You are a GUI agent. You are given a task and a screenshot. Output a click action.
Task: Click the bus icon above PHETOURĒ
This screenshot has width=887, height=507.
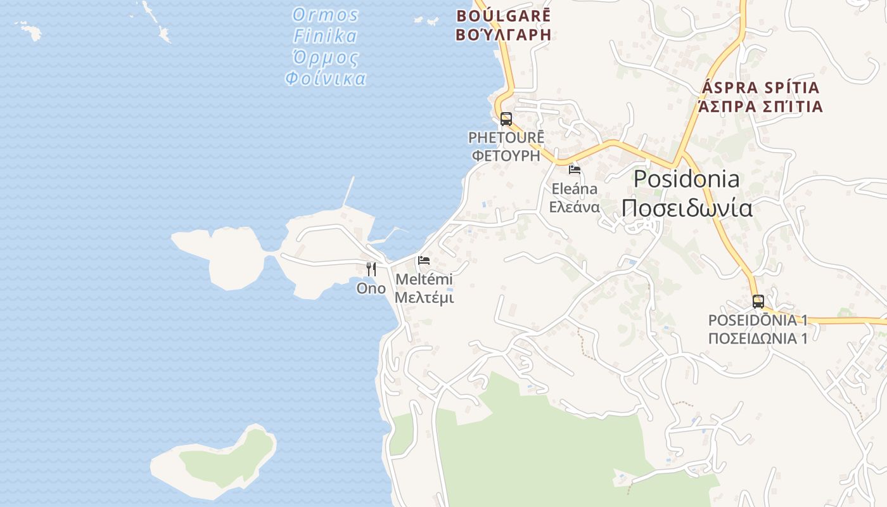point(506,119)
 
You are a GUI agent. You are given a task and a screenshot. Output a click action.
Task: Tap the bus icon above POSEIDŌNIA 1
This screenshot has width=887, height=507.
point(758,301)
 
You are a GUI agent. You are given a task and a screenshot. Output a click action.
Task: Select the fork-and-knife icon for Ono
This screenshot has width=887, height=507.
point(371,269)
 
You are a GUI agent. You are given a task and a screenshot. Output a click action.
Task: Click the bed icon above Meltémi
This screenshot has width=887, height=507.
point(424,260)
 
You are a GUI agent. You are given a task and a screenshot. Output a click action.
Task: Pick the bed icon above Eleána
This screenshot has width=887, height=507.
point(575,169)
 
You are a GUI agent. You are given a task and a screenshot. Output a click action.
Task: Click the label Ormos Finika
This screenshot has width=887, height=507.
point(326,25)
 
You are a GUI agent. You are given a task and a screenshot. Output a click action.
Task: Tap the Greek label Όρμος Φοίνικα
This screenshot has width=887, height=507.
point(326,68)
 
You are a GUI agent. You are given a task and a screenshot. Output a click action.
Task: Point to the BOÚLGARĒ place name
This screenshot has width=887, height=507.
point(504,15)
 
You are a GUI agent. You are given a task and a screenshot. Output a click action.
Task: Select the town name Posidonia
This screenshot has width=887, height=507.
point(686,179)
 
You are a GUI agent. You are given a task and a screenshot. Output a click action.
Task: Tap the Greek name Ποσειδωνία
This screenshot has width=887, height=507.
point(687,208)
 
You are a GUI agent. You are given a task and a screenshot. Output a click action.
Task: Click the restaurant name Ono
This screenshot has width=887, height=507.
point(371,288)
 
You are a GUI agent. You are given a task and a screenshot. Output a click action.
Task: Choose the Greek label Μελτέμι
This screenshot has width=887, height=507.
point(424,297)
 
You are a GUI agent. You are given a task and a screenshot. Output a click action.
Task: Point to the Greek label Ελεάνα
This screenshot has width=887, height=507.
point(574,207)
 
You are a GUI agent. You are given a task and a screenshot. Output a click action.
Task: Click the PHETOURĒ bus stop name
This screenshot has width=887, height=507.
point(506,138)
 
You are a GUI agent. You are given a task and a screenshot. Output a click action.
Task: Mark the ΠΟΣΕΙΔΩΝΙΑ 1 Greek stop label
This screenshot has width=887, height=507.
point(758,338)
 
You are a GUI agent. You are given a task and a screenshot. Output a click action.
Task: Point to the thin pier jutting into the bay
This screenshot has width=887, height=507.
point(348,191)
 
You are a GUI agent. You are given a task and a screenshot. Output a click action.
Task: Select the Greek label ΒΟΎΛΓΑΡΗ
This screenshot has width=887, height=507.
point(504,34)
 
